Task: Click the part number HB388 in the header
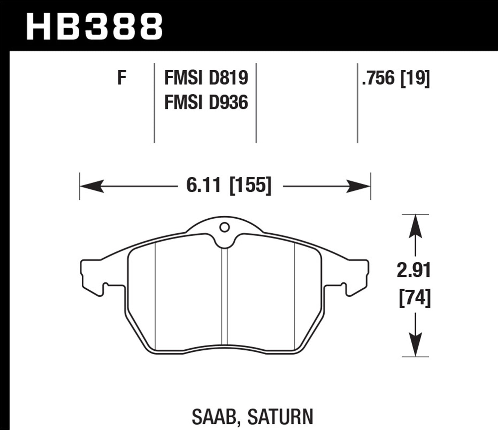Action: tap(94, 27)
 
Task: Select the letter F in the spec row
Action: tap(122, 79)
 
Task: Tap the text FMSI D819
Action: tap(206, 79)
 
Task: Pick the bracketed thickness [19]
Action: tap(415, 79)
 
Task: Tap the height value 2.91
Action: tap(414, 271)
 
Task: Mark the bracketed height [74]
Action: tap(414, 298)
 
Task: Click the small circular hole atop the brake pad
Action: tap(224, 228)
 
